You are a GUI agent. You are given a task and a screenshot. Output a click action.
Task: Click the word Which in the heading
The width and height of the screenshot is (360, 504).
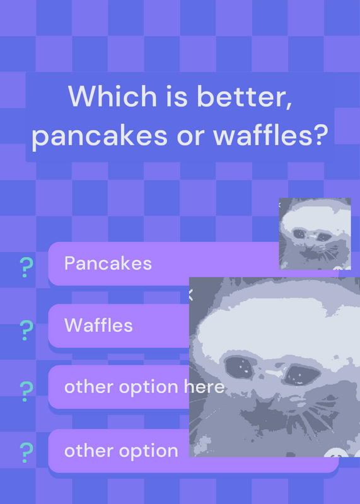(112, 96)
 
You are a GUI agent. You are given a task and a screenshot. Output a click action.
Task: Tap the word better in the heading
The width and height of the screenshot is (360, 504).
(245, 96)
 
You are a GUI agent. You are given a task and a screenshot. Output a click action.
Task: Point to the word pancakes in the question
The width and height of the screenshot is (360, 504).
(100, 136)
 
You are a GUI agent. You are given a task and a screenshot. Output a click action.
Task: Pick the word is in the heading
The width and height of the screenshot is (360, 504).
(177, 96)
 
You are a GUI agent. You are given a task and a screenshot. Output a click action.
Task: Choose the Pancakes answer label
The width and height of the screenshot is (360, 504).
(108, 263)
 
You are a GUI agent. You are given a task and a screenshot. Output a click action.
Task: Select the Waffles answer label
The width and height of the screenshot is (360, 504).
(98, 325)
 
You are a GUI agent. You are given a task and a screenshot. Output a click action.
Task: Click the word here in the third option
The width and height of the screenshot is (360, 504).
(204, 386)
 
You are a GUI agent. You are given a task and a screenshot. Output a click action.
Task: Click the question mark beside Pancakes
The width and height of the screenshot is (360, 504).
(26, 267)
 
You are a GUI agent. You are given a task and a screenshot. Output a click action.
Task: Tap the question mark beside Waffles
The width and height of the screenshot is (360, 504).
(26, 330)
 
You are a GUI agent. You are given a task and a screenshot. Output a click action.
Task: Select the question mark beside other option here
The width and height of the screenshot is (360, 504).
(26, 391)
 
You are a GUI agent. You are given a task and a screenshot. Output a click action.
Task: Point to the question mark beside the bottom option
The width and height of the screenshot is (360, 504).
(26, 452)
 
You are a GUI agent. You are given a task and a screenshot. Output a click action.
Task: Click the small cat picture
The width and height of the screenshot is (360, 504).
(315, 234)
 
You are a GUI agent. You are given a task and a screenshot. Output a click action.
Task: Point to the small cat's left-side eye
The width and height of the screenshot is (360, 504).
(299, 234)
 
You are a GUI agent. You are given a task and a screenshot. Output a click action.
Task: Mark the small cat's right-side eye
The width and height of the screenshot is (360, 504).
(324, 237)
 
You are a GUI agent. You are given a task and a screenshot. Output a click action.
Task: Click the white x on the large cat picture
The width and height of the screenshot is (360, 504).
(190, 295)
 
